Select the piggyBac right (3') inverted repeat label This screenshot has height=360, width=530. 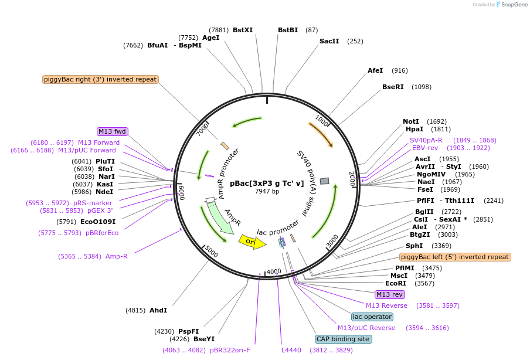100,79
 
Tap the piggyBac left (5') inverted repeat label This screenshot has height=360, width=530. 455,257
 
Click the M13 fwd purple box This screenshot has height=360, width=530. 113,131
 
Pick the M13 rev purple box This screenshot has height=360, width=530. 390,294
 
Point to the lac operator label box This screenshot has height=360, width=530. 372,317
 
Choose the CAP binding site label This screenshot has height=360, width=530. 343,339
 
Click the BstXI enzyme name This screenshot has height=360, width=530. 243,30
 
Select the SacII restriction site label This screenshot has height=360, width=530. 329,41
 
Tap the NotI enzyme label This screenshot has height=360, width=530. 412,121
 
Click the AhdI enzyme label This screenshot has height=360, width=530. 158,310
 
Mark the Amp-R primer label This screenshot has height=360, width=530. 117,256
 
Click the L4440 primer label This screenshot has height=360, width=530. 291,350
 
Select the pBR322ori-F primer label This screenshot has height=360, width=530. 230,350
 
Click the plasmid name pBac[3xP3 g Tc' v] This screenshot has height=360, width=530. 267,183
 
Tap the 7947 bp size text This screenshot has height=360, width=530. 267,191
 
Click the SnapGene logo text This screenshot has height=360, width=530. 514,5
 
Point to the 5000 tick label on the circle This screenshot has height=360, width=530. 211,252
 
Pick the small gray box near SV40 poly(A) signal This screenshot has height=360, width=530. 324,181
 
